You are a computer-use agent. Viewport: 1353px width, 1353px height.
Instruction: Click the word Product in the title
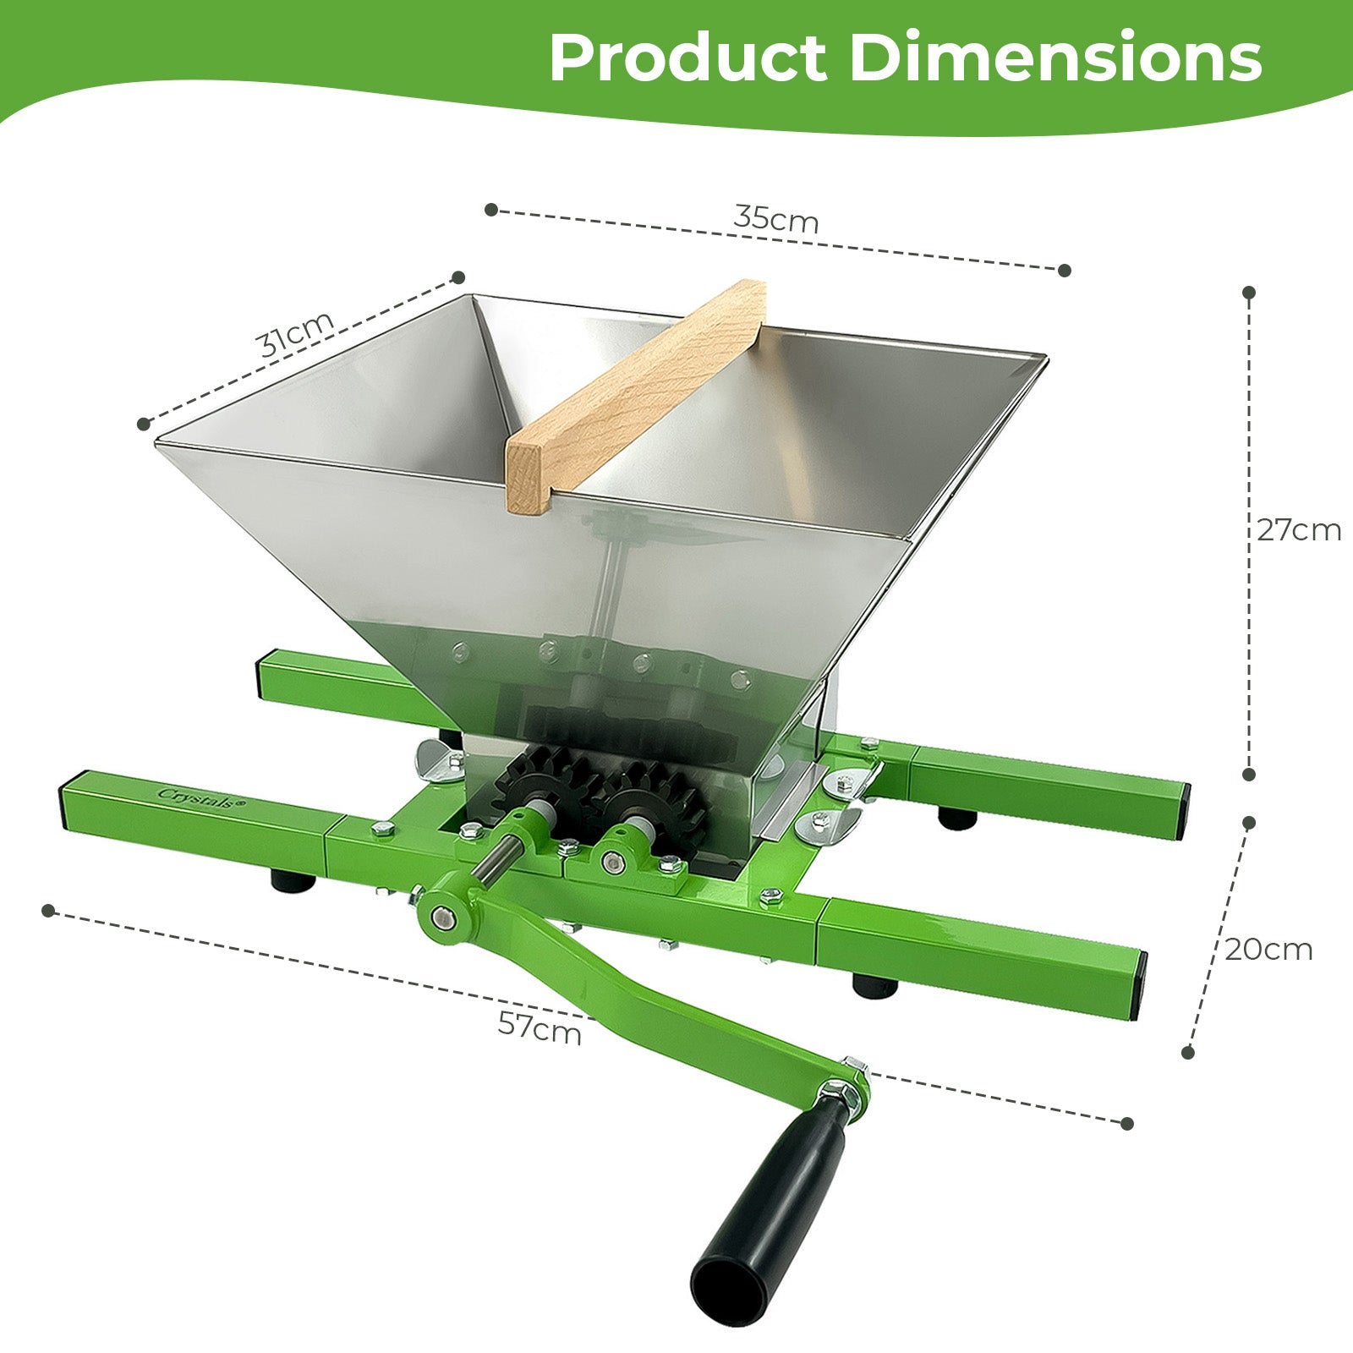687,58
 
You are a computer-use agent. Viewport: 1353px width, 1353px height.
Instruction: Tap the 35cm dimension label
776,218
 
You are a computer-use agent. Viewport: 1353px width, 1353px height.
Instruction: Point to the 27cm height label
1298,530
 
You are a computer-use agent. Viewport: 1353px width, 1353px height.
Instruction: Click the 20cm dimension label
1268,950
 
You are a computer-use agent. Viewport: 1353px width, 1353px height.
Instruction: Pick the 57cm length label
540,1028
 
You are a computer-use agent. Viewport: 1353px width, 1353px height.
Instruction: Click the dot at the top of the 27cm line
1249,293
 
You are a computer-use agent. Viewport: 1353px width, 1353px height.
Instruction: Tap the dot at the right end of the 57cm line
1126,1123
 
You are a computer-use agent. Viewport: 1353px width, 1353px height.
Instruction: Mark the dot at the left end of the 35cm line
491,210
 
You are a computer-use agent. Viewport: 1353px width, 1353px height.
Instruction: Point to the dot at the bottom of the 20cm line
1188,1052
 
